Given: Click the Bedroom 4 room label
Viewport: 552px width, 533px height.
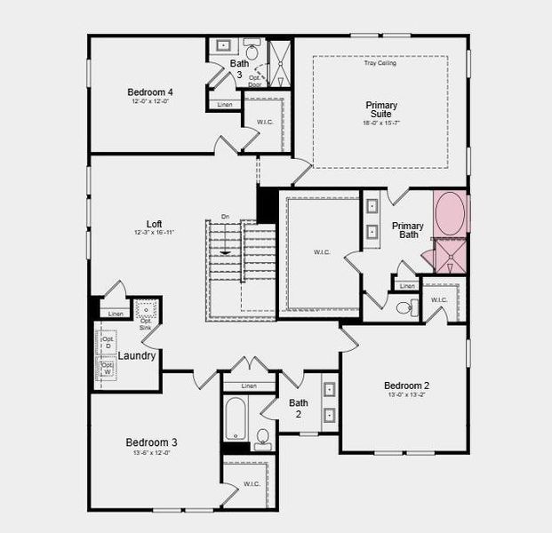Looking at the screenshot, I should point(149,91).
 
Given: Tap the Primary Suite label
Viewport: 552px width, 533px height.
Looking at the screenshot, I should point(381,110).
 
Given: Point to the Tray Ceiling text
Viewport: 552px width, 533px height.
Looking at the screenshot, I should point(380,63).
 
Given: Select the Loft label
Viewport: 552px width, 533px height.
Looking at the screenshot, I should point(154,224).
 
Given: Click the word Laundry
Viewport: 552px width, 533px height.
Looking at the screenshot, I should point(137,356).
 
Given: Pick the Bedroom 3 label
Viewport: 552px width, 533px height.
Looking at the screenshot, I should point(151,442).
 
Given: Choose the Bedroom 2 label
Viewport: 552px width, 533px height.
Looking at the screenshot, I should point(406,386).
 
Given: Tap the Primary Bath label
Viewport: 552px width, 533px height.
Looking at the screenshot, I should point(408,230).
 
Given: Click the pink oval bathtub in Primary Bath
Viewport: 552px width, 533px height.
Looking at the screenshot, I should point(450,212).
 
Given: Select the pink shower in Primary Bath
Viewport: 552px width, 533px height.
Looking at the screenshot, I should point(449,256).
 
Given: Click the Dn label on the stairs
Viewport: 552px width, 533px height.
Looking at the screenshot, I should point(226,217).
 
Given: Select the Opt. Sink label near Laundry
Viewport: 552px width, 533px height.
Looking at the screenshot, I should point(146,324).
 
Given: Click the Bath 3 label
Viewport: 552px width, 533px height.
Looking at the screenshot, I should point(239,68).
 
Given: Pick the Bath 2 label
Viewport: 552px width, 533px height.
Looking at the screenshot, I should point(299,409).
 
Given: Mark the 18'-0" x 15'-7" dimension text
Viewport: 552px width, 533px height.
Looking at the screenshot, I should point(381,123).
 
